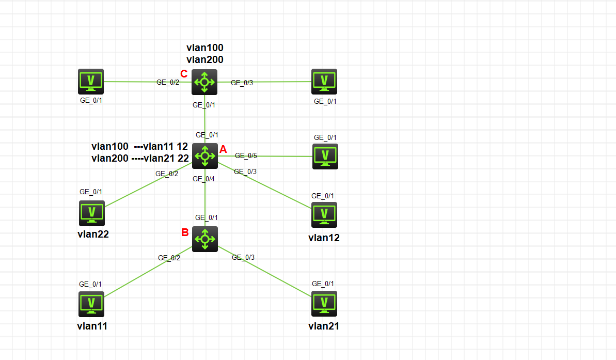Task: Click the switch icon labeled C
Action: click(x=204, y=82)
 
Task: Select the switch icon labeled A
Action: click(x=205, y=155)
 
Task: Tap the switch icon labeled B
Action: click(x=205, y=239)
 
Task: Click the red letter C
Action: click(x=183, y=73)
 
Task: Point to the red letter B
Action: click(x=185, y=232)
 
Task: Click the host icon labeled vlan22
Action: click(x=92, y=213)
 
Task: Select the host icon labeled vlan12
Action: click(x=324, y=214)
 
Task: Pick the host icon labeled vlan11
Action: click(x=91, y=304)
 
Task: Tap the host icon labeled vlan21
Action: click(x=324, y=303)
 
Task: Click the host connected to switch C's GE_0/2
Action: click(x=91, y=81)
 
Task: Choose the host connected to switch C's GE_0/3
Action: click(x=324, y=81)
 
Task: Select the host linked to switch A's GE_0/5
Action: click(x=325, y=156)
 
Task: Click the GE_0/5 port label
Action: click(x=246, y=155)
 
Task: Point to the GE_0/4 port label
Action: click(x=203, y=179)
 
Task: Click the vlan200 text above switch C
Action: click(x=205, y=59)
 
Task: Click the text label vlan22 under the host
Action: click(x=93, y=233)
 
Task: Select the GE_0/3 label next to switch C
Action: click(x=242, y=82)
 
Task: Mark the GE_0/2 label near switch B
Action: click(x=169, y=258)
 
